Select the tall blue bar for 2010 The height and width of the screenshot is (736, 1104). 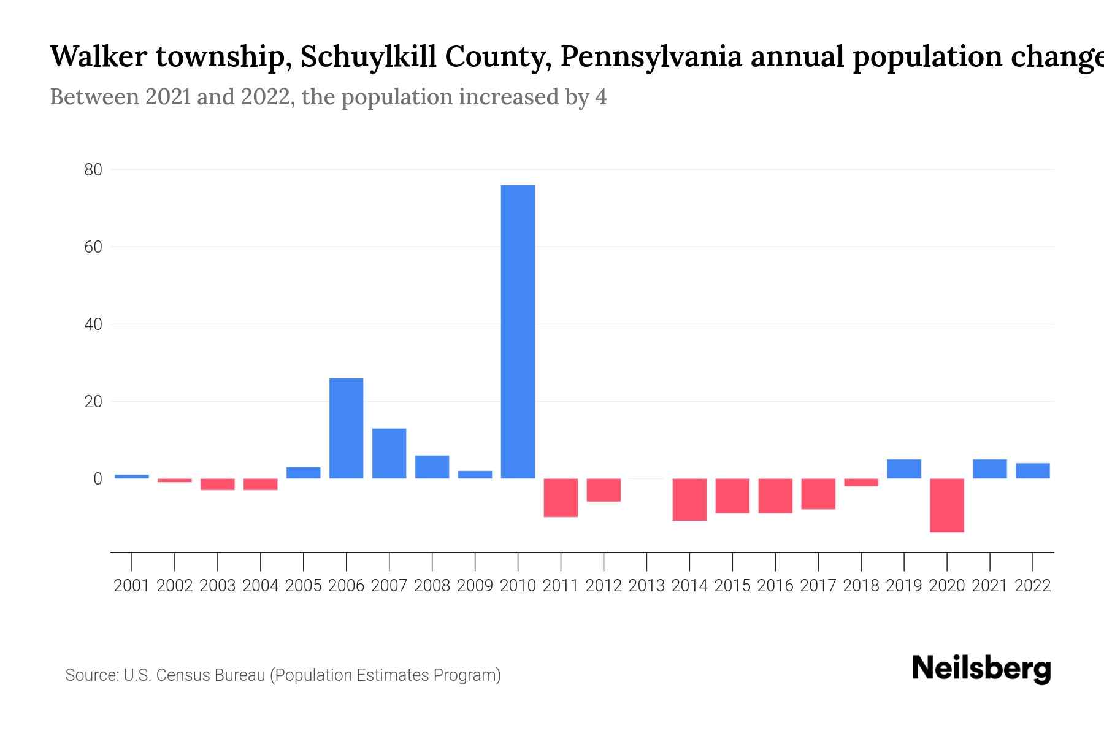[x=518, y=331]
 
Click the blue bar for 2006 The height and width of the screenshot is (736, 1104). [x=346, y=428]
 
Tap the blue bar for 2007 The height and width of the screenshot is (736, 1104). [x=389, y=453]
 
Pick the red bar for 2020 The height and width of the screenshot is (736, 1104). [x=946, y=505]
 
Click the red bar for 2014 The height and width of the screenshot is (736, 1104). [x=689, y=499]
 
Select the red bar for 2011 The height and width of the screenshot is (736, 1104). [x=561, y=497]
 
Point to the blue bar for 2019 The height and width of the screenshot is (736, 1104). [x=903, y=469]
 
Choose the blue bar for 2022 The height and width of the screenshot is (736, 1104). [x=1032, y=470]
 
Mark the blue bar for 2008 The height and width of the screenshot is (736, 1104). [x=432, y=467]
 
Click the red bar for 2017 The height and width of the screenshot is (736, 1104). [x=818, y=494]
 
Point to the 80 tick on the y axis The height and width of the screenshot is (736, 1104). [x=93, y=170]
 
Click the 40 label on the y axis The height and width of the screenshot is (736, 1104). [x=93, y=324]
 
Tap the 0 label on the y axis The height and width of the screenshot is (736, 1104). [x=98, y=479]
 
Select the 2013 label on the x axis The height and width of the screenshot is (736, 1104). [x=646, y=586]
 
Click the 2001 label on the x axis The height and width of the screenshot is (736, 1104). [x=132, y=586]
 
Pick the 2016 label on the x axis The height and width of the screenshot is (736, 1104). [x=775, y=586]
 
